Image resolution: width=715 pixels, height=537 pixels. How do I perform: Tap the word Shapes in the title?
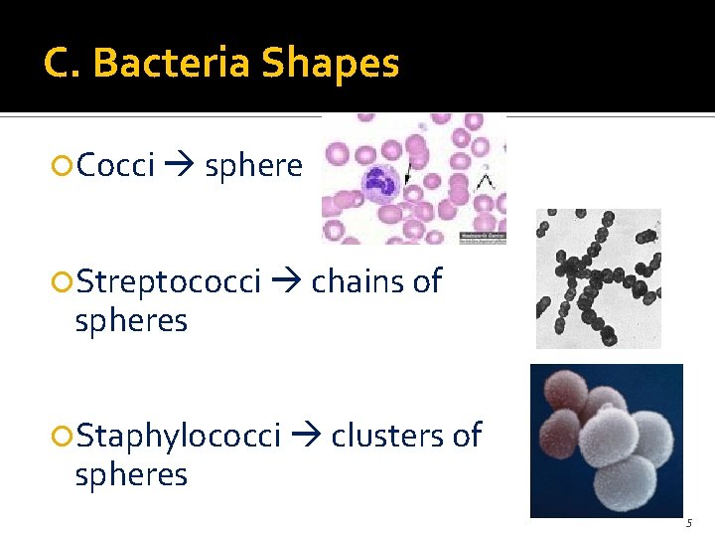tap(331, 64)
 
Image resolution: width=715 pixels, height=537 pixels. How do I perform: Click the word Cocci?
tap(115, 165)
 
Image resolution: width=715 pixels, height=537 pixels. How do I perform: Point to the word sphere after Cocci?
tap(252, 165)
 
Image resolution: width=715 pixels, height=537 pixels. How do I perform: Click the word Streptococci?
tap(169, 282)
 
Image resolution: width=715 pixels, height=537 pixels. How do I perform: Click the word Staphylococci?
tap(179, 436)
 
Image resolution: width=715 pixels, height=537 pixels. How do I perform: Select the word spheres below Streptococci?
tap(131, 321)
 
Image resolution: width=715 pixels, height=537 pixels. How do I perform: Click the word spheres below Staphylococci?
tap(131, 474)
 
